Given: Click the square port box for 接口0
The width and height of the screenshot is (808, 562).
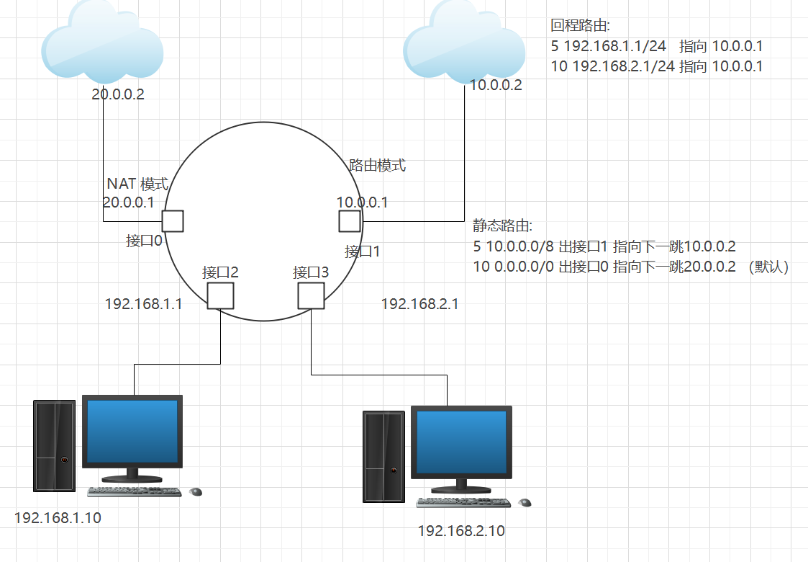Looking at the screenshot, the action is (x=173, y=221).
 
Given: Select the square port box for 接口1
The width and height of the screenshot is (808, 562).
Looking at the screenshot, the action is (x=350, y=221).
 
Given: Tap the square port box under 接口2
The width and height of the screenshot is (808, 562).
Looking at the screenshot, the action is (x=221, y=295).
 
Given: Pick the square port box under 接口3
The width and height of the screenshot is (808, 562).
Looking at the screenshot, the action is (x=312, y=295).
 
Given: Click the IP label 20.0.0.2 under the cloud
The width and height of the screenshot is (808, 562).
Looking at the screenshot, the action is (x=118, y=94).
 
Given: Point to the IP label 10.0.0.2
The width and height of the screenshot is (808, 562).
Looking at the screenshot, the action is (x=496, y=85).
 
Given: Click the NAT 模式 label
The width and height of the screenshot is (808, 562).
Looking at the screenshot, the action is (x=137, y=184).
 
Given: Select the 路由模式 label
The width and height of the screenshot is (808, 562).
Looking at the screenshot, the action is (x=378, y=165).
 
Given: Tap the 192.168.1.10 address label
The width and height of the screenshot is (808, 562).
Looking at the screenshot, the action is (x=58, y=517).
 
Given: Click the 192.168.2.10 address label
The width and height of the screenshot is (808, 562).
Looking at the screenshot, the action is (x=461, y=530).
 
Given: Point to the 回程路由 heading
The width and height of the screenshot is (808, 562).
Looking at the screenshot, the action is (x=580, y=25).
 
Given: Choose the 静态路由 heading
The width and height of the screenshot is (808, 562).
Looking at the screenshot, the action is (x=502, y=226).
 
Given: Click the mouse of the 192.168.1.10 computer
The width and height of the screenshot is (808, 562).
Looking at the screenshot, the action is (x=196, y=491).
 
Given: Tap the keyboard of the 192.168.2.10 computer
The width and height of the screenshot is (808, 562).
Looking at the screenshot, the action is (x=463, y=502).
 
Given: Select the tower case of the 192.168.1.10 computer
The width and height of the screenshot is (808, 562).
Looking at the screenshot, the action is (x=54, y=446).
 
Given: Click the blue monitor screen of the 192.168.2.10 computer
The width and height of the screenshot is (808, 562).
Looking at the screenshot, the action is (x=462, y=442).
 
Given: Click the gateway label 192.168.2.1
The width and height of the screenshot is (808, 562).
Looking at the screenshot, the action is (x=420, y=303).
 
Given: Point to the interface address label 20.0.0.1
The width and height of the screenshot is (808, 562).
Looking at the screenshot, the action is (x=128, y=202).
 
